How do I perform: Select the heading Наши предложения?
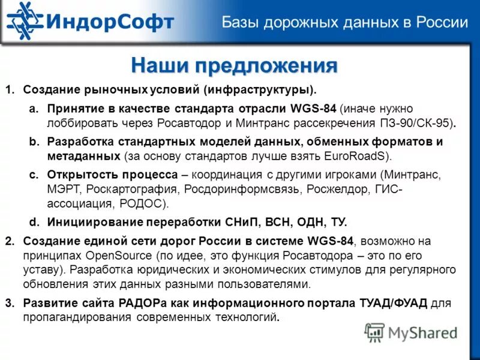click(x=234, y=65)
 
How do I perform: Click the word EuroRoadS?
click(x=356, y=156)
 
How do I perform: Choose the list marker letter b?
click(x=34, y=142)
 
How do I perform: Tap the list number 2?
click(x=9, y=241)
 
